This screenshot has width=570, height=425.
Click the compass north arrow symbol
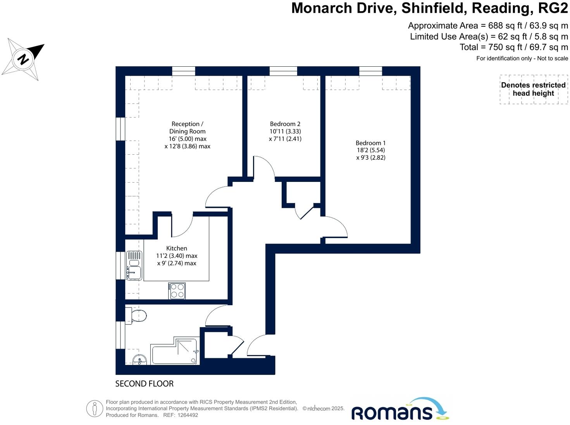coord(23,59)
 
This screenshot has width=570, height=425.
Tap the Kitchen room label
coord(177,248)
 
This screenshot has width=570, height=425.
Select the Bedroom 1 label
coord(370,143)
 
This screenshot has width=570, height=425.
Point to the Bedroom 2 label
coord(285,124)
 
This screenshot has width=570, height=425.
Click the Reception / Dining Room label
coord(187,128)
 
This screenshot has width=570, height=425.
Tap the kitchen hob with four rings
coord(177,291)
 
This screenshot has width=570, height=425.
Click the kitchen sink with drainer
coord(134,266)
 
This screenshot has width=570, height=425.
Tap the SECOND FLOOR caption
coord(144,384)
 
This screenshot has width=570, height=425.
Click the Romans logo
coord(400,410)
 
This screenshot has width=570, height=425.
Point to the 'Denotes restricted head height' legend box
coord(533,89)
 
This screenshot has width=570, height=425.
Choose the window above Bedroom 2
coord(283,71)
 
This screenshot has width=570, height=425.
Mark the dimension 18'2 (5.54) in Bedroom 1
coord(371,150)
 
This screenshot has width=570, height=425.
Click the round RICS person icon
coord(95,408)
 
